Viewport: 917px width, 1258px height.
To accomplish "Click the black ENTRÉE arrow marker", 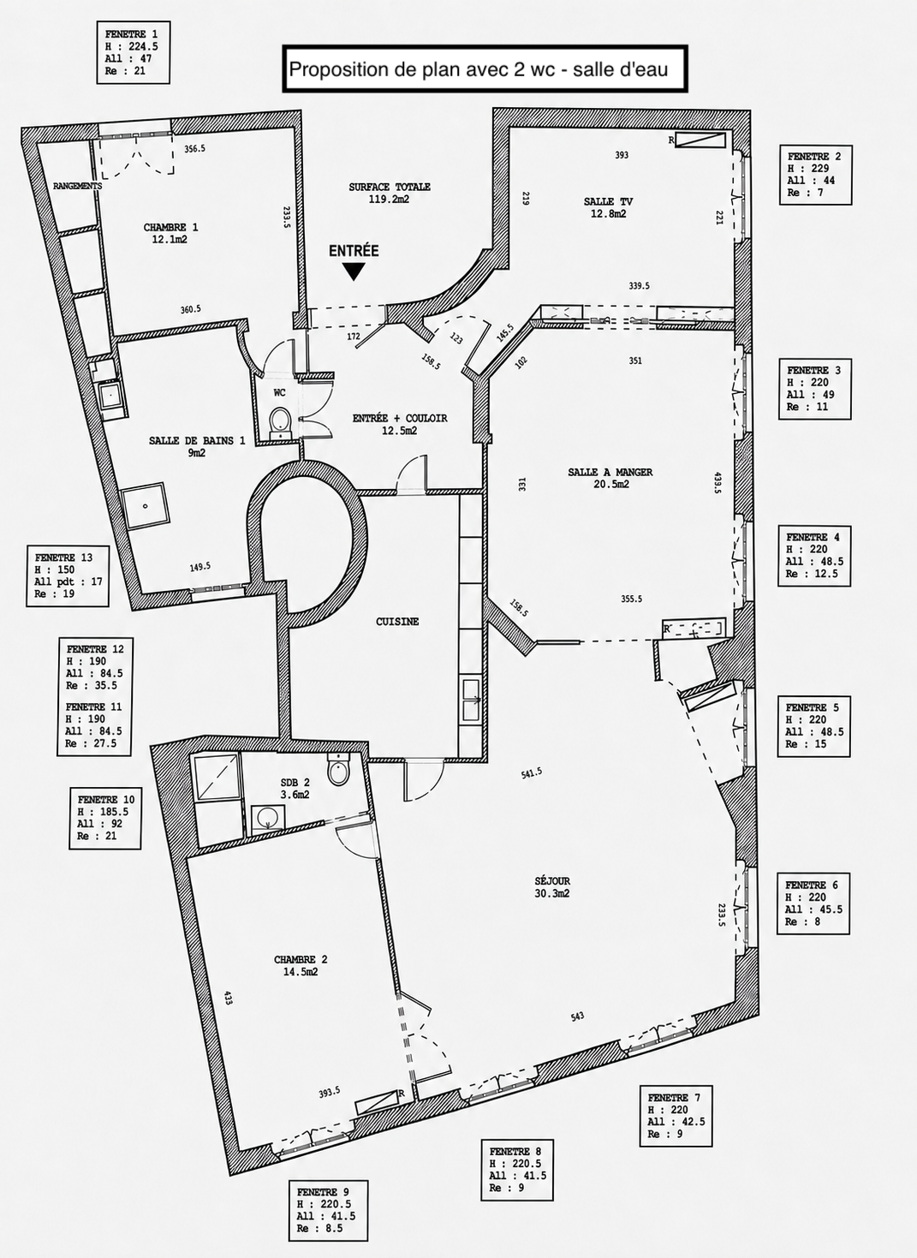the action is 354,271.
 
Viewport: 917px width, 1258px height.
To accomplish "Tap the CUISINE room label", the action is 397,622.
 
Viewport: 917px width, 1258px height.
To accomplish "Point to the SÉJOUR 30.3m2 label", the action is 552,887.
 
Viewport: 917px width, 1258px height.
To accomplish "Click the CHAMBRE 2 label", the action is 301,959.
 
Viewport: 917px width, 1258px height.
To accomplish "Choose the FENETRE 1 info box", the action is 133,53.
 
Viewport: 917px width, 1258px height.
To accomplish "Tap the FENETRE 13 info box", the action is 68,575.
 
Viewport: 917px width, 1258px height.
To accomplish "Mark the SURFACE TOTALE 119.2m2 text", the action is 390,193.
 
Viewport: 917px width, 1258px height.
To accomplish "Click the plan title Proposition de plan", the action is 479,69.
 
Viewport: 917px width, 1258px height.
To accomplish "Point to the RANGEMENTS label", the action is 78,186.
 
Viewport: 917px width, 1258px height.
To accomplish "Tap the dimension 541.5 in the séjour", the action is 531,772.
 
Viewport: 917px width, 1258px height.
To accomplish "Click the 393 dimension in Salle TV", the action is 622,155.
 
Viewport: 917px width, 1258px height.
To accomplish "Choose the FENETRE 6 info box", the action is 813,903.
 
